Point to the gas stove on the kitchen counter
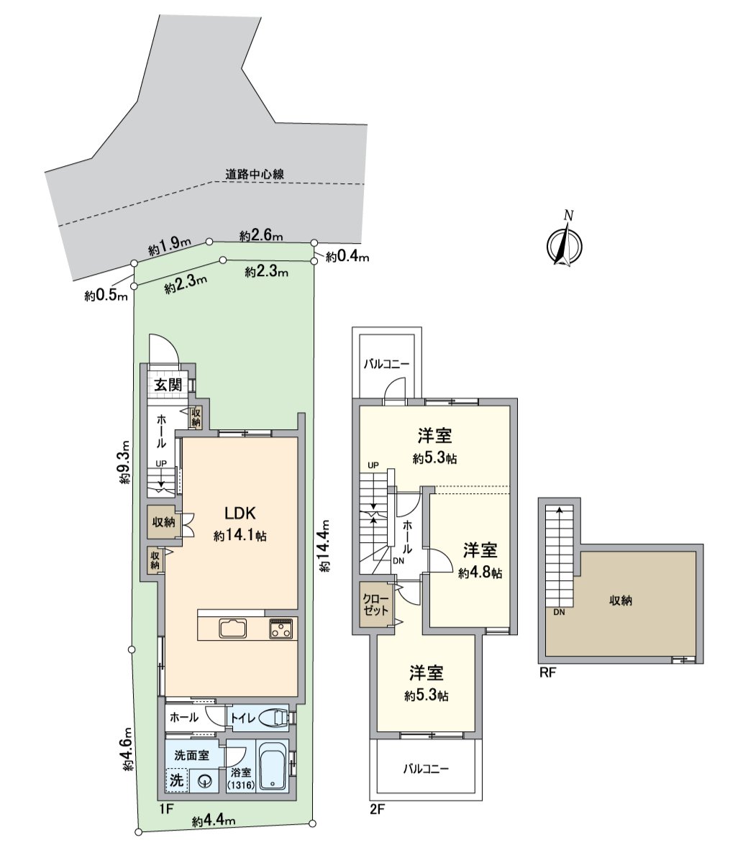[281, 628]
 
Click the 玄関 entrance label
[169, 385]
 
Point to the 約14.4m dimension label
[325, 546]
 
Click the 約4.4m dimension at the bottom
[214, 821]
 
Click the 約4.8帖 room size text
[480, 573]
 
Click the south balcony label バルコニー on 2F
[425, 769]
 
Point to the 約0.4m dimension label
[347, 257]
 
